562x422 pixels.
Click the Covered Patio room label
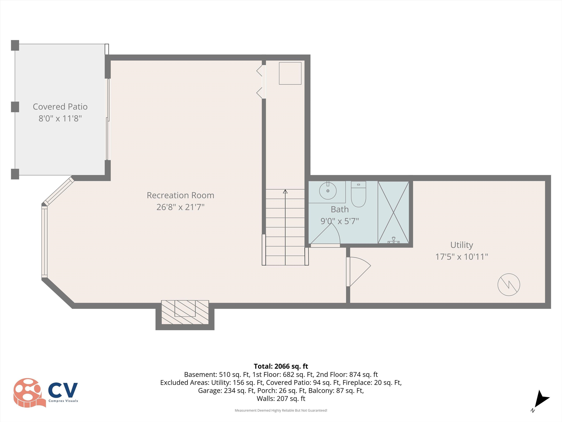coord(60,107)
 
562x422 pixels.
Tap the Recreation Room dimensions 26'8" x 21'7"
coord(180,207)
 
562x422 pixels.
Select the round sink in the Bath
coord(328,191)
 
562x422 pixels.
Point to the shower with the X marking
coord(393,212)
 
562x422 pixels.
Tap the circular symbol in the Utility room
coord(509,285)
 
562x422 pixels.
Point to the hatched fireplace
coord(185,312)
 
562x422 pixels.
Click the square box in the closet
coord(290,73)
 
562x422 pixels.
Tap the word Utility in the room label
coord(462,245)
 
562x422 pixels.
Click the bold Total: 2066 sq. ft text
coord(281,366)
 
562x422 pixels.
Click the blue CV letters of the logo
coord(63,390)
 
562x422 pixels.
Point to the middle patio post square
coord(15,107)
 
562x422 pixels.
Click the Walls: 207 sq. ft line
coord(281,399)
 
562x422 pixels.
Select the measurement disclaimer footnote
coord(281,410)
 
